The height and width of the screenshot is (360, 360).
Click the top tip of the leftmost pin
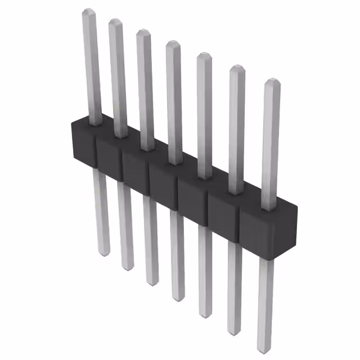click(88, 11)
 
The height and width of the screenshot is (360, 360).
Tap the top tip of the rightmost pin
click(272, 82)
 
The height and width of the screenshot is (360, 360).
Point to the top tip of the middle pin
click(173, 44)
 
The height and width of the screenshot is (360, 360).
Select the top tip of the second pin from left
click(115, 21)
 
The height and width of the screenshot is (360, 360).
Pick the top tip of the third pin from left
click(143, 32)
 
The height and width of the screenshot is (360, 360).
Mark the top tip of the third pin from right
click(204, 56)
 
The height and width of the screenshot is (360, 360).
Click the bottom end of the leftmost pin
click(103, 253)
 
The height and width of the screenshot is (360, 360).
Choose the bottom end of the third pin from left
click(151, 281)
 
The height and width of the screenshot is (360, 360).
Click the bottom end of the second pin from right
click(235, 330)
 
